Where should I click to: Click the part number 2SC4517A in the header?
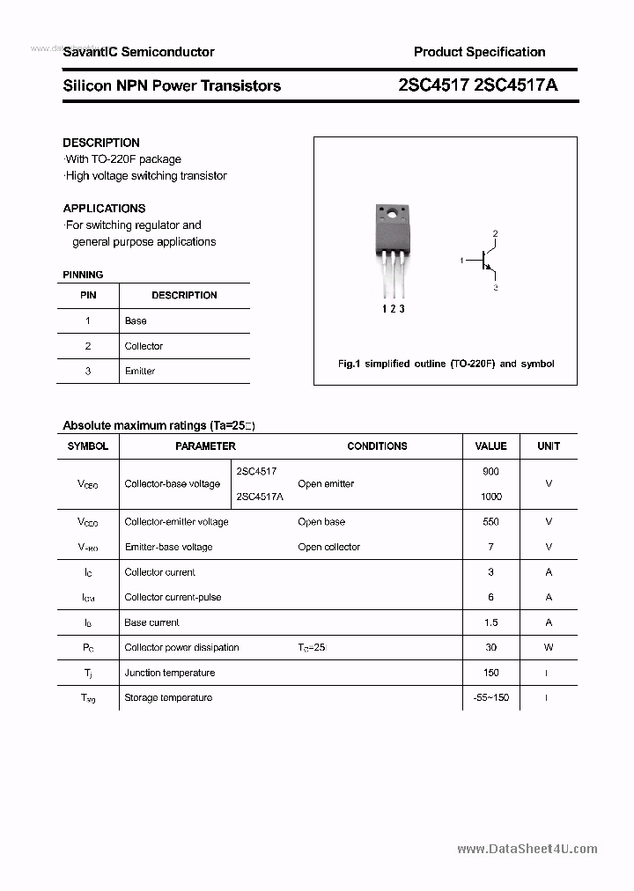[x=515, y=85]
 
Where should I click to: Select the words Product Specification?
[x=479, y=52]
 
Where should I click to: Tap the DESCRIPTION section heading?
[x=101, y=143]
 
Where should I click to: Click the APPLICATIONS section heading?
[x=104, y=209]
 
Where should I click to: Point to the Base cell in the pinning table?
[x=136, y=321]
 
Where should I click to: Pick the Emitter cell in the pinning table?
[x=140, y=372]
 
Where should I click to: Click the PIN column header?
[x=88, y=296]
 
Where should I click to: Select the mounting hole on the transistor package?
[x=390, y=214]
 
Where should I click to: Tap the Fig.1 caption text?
[x=446, y=364]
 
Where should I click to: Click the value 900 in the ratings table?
[x=490, y=472]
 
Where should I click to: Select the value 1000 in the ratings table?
[x=490, y=497]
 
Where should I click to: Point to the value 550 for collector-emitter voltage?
[x=490, y=522]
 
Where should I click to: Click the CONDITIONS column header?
[x=377, y=446]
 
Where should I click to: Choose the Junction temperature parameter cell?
[x=169, y=673]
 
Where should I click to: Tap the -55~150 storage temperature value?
[x=490, y=698]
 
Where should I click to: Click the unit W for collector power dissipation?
[x=549, y=648]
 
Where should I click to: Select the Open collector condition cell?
[x=328, y=548]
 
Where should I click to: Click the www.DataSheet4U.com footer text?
[x=527, y=849]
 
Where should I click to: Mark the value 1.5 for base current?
[x=490, y=622]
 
